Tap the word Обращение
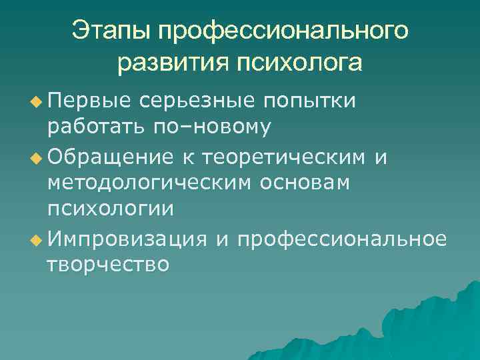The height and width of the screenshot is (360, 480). pyautogui.click(x=112, y=157)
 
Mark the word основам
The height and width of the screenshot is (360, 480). pyautogui.click(x=303, y=182)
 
